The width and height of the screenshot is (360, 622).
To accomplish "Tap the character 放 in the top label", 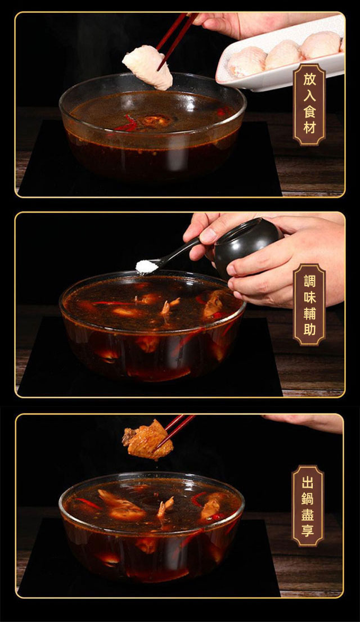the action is [309, 80].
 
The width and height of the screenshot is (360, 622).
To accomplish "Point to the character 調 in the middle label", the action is [309, 281].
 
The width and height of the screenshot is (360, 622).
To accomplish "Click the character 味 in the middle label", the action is [309, 298].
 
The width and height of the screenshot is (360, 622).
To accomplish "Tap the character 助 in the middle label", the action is [309, 330].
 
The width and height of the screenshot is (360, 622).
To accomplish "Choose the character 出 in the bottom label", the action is [308, 482].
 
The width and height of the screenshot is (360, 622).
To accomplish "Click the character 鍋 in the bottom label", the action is [308, 499].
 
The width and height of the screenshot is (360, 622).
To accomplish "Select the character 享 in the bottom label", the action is [308, 531].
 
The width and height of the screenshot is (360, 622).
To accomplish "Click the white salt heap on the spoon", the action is [146, 267].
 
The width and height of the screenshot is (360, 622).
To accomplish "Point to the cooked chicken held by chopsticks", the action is [147, 440].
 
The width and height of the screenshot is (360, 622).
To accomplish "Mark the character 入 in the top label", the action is [309, 96].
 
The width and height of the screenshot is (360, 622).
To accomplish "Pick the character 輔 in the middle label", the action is [309, 314].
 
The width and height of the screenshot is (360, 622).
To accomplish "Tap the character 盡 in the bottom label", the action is [308, 515].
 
